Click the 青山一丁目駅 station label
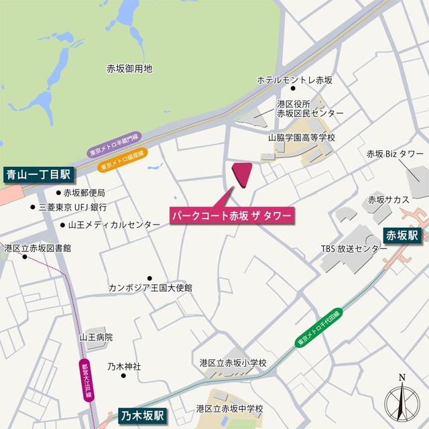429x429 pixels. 39,176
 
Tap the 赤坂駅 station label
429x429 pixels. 401,235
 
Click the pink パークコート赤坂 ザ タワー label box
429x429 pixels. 231,218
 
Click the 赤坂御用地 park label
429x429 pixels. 129,68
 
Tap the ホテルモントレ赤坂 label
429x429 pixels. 295,80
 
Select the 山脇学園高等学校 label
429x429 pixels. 301,138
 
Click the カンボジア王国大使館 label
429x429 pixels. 151,288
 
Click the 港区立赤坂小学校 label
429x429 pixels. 233,363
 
